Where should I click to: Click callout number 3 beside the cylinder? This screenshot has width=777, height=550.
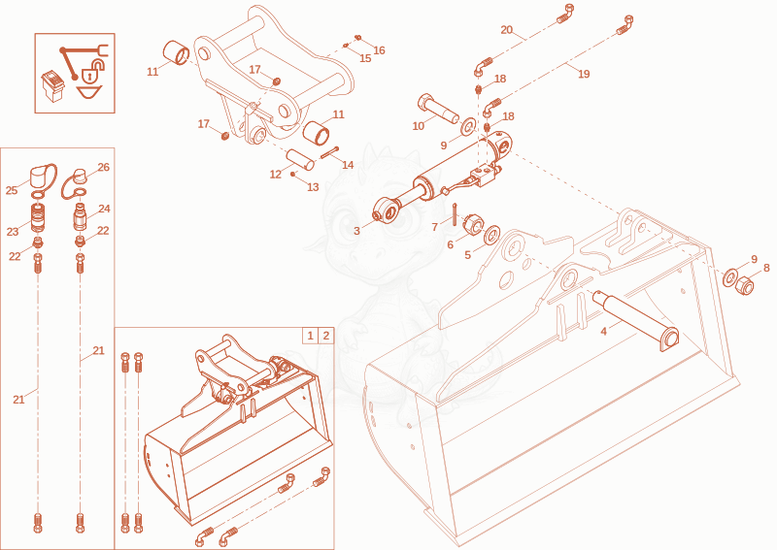pyautogui.click(x=356, y=231)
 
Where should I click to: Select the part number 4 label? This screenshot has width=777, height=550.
pyautogui.click(x=603, y=331)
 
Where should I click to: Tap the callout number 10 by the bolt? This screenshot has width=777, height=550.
pyautogui.click(x=419, y=126)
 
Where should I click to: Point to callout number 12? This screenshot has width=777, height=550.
pyautogui.click(x=276, y=175)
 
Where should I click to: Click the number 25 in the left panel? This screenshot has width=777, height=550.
pyautogui.click(x=12, y=190)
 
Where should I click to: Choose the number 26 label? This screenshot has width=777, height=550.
pyautogui.click(x=104, y=167)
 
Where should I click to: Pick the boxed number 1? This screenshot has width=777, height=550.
pyautogui.click(x=310, y=336)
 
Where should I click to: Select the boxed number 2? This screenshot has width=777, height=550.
pyautogui.click(x=326, y=336)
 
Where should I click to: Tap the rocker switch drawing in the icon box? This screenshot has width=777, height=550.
pyautogui.click(x=52, y=85)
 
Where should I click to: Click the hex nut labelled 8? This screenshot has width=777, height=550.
pyautogui.click(x=745, y=285)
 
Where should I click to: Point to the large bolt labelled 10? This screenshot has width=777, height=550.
pyautogui.click(x=439, y=110)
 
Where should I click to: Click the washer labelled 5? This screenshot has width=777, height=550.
pyautogui.click(x=491, y=234)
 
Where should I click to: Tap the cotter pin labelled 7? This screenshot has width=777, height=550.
pyautogui.click(x=455, y=213)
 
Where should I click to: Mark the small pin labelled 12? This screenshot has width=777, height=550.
pyautogui.click(x=300, y=159)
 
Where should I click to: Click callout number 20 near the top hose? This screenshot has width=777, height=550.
pyautogui.click(x=506, y=30)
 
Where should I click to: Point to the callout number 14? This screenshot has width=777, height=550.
pyautogui.click(x=348, y=164)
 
